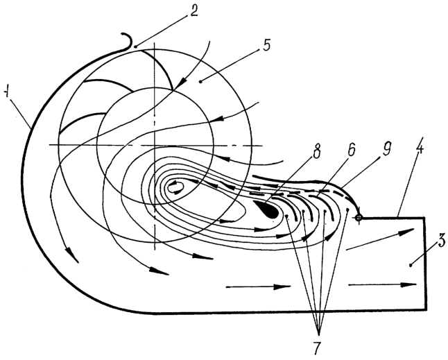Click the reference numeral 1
pyautogui.click(x=6, y=93)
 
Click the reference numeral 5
pyautogui.click(x=266, y=46)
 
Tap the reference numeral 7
pyautogui.click(x=317, y=347)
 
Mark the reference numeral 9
pyautogui.click(x=386, y=149)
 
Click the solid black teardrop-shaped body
pyautogui.click(x=267, y=209)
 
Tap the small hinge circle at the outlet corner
pyautogui.click(x=359, y=218)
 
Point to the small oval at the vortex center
pyautogui.click(x=175, y=188)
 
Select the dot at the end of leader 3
pyautogui.click(x=411, y=266)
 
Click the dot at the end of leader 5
pyautogui.click(x=200, y=82)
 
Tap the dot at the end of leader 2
pyautogui.click(x=135, y=46)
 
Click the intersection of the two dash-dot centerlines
pyautogui.click(x=155, y=146)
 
